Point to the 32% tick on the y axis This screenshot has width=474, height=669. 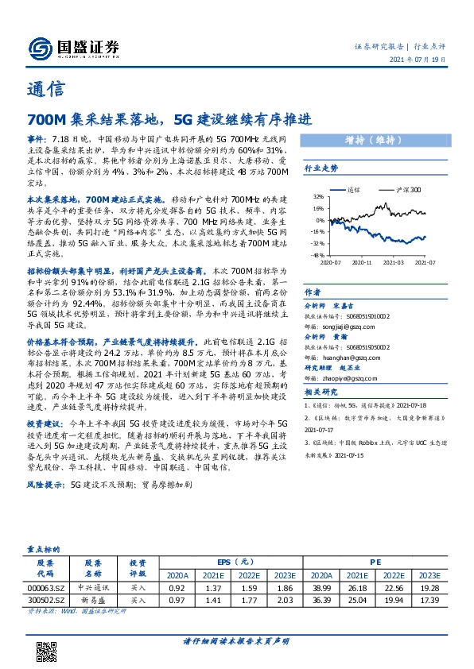point(319,196)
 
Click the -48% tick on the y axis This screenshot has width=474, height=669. point(317,232)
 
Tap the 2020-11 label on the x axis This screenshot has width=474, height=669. point(361,239)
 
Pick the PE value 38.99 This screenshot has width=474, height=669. point(322,586)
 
